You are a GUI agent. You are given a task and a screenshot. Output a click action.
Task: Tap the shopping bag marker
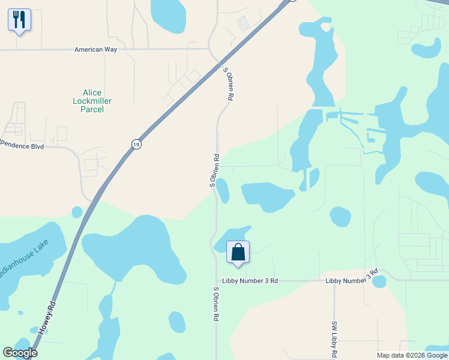[x=238, y=252]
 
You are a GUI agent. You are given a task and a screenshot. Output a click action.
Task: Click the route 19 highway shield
[x=137, y=145]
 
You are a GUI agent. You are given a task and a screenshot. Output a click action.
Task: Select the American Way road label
[x=95, y=50]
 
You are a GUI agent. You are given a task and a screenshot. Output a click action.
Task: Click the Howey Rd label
[x=47, y=317]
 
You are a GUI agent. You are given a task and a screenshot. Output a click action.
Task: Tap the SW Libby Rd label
[x=334, y=340]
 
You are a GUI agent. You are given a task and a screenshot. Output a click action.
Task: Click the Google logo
[x=20, y=353]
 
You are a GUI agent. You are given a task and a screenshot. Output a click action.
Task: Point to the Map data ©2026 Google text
[x=412, y=355]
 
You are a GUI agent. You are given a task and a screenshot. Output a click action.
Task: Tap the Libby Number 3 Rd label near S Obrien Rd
[x=250, y=280]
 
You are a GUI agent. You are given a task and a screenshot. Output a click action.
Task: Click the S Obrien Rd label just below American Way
[x=228, y=83]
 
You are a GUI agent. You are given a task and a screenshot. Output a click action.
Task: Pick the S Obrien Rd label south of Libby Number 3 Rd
[x=215, y=304]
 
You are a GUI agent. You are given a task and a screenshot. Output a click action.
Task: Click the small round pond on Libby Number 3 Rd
[x=379, y=281]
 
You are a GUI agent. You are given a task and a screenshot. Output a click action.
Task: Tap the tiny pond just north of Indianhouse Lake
[x=77, y=212]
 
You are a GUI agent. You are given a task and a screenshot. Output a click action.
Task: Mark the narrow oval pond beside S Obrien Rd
[x=223, y=190]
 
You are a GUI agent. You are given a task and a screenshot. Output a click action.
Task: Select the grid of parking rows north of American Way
[x=244, y=23]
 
